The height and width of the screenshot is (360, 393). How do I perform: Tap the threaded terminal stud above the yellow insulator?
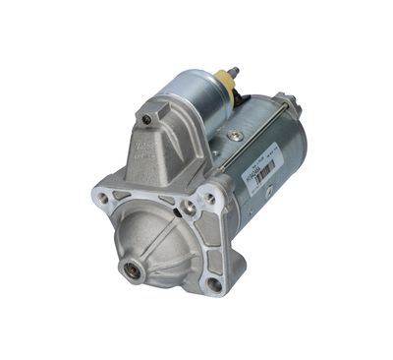pyautogui.click(x=232, y=73)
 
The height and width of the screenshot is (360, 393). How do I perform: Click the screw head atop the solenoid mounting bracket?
pyautogui.click(x=146, y=119)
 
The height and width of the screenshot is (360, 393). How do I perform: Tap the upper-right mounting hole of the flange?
pyautogui.click(x=208, y=200)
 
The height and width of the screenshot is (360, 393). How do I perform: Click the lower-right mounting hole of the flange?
pyautogui.click(x=214, y=284)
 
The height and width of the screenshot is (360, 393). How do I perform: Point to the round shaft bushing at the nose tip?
pyautogui.click(x=130, y=267)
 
